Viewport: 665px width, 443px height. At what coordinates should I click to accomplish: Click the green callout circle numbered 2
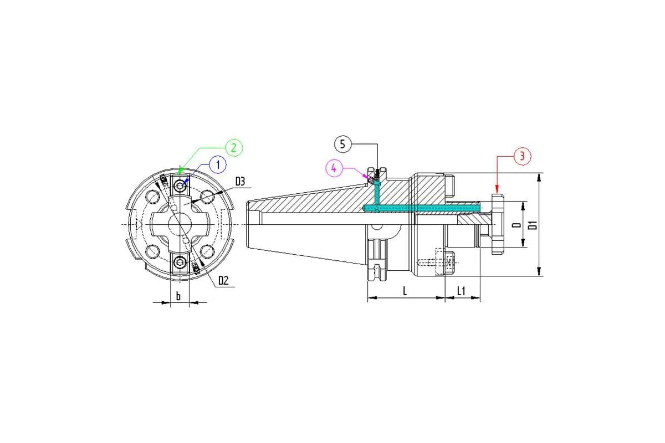(234, 147)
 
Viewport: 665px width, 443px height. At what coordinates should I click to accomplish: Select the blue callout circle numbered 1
(218, 164)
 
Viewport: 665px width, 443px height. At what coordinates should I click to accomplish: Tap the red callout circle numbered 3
(522, 156)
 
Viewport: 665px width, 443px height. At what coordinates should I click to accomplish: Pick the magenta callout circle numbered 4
(334, 168)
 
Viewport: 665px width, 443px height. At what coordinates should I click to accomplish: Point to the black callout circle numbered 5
(342, 145)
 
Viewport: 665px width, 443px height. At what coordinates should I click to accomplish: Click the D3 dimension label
(240, 181)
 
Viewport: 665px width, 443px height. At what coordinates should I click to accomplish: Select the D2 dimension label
(223, 281)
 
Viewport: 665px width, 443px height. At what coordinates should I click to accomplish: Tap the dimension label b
(178, 296)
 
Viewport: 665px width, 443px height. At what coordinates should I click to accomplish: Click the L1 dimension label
(461, 291)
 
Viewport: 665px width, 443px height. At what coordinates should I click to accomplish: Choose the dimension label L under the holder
(405, 291)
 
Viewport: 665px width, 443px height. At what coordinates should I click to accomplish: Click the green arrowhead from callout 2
(179, 171)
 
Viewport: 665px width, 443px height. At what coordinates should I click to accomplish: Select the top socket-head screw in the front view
(180, 187)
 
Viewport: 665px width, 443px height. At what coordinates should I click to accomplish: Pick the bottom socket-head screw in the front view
(180, 262)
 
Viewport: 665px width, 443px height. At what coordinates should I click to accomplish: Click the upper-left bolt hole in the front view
(152, 197)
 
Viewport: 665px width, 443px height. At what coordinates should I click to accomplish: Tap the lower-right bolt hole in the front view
(207, 251)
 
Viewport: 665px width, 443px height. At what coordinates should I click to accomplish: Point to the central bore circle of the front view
(180, 224)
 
